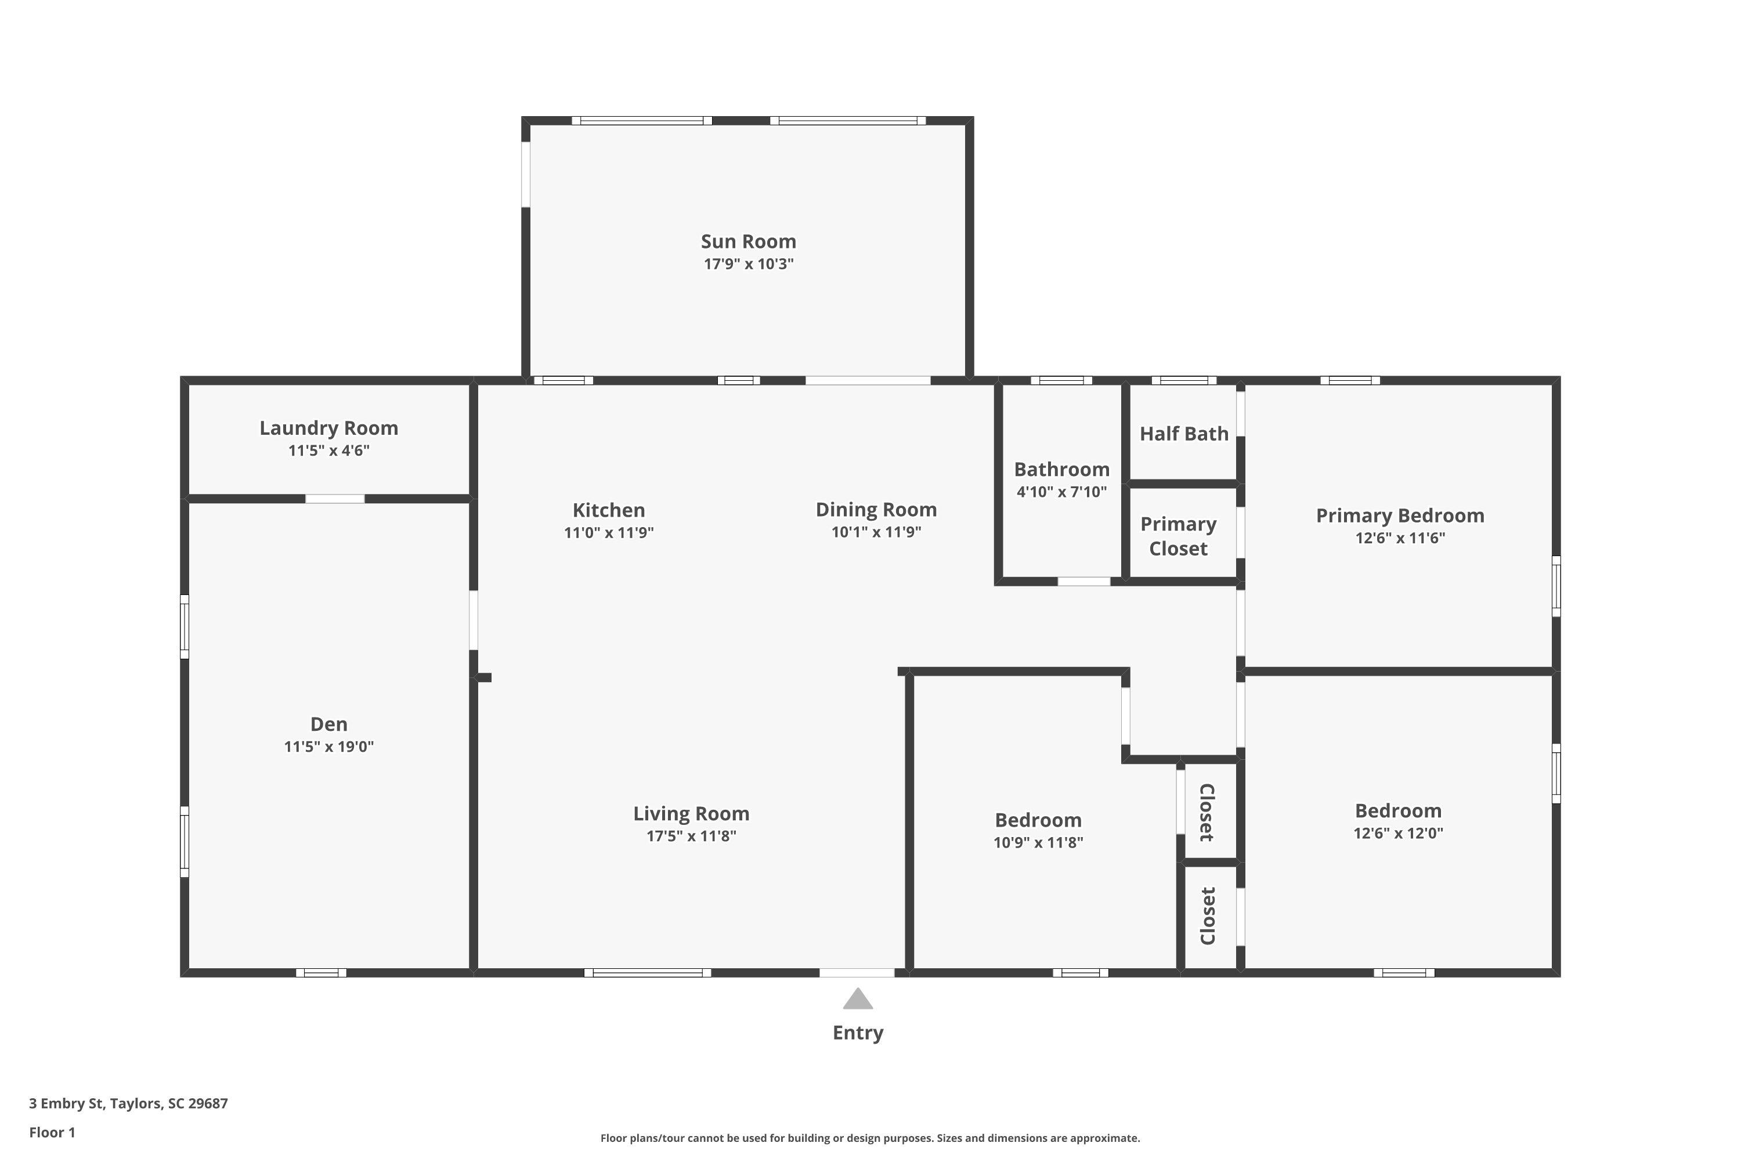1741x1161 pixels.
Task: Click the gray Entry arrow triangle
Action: [858, 999]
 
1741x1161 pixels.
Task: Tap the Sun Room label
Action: [749, 241]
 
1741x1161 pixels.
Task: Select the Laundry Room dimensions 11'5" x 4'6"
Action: [328, 450]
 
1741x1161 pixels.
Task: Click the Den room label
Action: [328, 724]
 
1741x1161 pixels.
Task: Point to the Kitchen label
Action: [608, 510]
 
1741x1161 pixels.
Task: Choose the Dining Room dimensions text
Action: [876, 532]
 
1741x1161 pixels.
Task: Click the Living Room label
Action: [691, 814]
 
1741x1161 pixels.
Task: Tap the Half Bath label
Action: [1184, 434]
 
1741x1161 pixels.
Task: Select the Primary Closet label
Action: [1179, 536]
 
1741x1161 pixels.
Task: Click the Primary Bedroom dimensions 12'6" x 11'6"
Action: [1400, 538]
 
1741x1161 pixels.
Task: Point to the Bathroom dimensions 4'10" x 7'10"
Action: [1061, 492]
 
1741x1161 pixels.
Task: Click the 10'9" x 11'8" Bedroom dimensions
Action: [1038, 842]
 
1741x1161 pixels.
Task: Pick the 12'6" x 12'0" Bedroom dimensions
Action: [1398, 833]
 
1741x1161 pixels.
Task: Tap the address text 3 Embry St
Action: [67, 1104]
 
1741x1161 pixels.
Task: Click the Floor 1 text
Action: [52, 1132]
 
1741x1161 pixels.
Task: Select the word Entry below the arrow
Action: [858, 1033]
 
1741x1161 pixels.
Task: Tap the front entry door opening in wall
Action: [857, 973]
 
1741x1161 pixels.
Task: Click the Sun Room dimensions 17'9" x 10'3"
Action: [749, 264]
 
